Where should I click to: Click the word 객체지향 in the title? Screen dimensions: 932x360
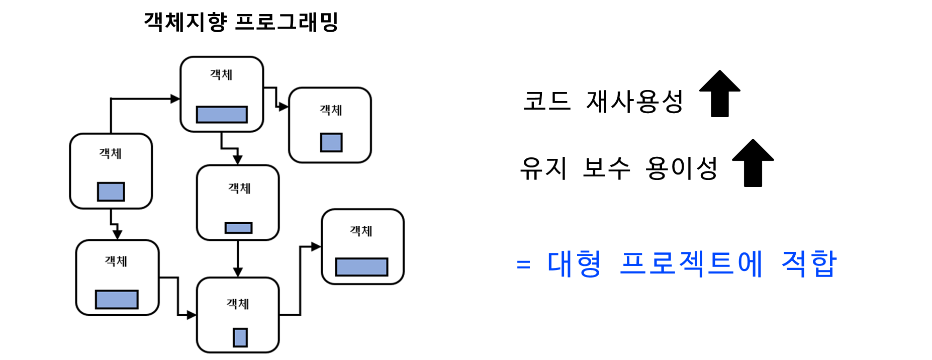[185, 22]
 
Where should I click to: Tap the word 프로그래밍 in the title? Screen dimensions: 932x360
[287, 22]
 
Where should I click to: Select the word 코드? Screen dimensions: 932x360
[547, 101]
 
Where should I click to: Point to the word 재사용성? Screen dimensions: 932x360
[634, 101]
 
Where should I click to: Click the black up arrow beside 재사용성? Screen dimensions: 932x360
[720, 94]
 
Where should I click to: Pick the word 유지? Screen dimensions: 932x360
[543, 168]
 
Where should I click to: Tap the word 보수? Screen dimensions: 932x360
[606, 168]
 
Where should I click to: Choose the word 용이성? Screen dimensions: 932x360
[682, 168]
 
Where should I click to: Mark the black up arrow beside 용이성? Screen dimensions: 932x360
[753, 163]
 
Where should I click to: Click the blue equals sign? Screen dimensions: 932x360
[523, 264]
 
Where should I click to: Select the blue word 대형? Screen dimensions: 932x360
[574, 263]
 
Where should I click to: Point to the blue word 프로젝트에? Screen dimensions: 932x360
[691, 263]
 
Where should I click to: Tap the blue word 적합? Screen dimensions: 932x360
[809, 263]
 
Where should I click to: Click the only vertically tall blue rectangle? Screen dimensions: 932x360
[240, 337]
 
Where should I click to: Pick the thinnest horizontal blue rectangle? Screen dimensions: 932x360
[238, 228]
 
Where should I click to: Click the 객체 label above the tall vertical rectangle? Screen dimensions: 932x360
[238, 304]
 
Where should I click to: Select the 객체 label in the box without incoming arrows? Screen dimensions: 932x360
[110, 153]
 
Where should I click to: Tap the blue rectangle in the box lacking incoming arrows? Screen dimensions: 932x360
[111, 192]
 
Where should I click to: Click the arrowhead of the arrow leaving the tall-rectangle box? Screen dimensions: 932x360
[316, 246]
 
